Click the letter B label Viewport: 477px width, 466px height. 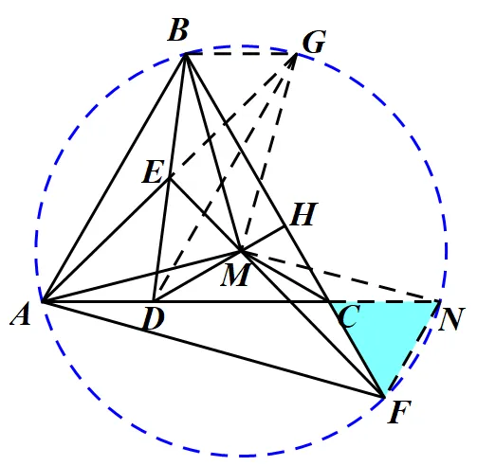(x=178, y=30)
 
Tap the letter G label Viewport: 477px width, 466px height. (x=314, y=43)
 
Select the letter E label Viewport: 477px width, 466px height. (x=154, y=171)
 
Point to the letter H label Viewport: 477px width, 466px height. (x=303, y=214)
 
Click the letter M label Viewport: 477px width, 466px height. (x=236, y=275)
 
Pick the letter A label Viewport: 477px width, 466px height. (x=21, y=314)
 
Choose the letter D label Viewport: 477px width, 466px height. (x=154, y=318)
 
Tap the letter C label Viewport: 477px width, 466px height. (x=348, y=316)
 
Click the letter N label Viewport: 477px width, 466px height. (x=451, y=319)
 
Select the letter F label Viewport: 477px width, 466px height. (x=399, y=412)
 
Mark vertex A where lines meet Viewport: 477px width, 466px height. (x=43, y=302)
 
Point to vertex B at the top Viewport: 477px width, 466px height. (x=186, y=55)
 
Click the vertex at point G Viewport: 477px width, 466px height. (x=297, y=54)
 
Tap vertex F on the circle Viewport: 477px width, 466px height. (x=384, y=397)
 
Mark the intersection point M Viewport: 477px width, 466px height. (x=241, y=251)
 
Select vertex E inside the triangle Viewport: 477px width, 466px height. (x=170, y=178)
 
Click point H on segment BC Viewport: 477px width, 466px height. (x=285, y=226)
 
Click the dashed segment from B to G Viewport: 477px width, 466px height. (x=241, y=54)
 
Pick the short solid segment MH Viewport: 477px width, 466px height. (x=263, y=239)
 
